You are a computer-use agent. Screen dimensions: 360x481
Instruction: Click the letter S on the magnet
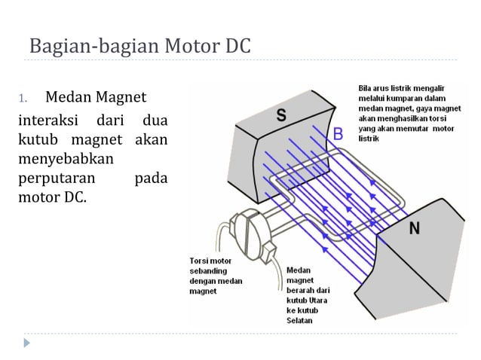pos(280,116)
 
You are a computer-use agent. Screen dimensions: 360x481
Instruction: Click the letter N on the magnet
pos(414,229)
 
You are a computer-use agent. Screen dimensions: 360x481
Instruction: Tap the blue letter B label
pos(338,134)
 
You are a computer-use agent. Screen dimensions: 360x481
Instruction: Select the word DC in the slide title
pos(233,46)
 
